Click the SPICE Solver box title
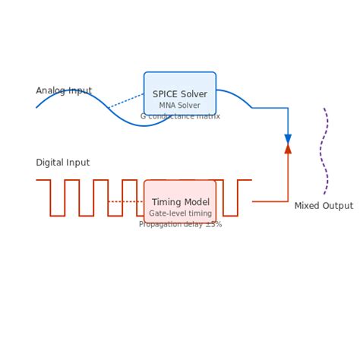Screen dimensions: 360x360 (180, 94)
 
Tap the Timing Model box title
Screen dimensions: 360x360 (180, 202)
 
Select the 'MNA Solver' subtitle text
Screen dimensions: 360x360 (180, 106)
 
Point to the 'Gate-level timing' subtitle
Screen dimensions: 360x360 (180, 213)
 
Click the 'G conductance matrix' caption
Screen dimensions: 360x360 (180, 116)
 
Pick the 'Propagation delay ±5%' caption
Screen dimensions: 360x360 (180, 224)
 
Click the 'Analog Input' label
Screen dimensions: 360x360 (64, 91)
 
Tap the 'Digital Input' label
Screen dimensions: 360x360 (62, 163)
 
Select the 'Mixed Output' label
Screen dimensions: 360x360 (324, 206)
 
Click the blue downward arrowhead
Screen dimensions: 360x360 (288, 139)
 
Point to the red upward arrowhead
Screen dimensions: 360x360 (288, 149)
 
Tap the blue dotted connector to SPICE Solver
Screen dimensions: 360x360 (126, 101)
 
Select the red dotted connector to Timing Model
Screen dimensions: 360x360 (126, 201)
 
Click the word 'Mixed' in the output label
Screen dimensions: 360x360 (308, 206)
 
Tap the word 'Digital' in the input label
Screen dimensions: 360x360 (50, 163)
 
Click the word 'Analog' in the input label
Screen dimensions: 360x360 (51, 91)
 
